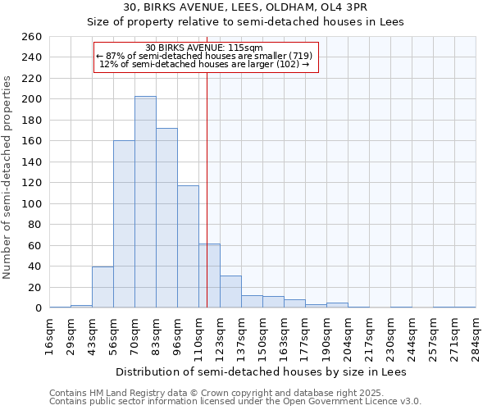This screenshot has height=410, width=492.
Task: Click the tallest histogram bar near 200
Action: pyautogui.click(x=145, y=202)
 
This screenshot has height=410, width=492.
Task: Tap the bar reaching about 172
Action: pyautogui.click(x=166, y=217)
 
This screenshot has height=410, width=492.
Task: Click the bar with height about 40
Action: pyautogui.click(x=102, y=287)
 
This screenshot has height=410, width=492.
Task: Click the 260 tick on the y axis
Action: pyautogui.click(x=33, y=37)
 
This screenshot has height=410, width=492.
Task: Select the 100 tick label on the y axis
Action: pyautogui.click(x=33, y=203)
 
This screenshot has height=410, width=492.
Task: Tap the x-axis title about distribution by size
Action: pyautogui.click(x=262, y=371)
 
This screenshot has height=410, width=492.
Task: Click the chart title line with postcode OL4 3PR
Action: pyautogui.click(x=245, y=7)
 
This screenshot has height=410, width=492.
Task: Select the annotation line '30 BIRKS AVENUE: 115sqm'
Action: pyautogui.click(x=204, y=48)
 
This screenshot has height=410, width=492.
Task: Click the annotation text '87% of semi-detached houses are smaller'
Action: pyautogui.click(x=204, y=56)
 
